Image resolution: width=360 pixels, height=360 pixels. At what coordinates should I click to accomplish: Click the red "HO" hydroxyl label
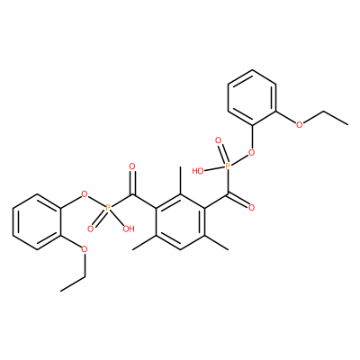point(198,171)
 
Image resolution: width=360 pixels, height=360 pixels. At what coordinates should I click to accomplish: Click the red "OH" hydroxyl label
point(129,229)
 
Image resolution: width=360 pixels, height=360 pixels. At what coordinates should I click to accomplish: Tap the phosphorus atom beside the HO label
point(228,166)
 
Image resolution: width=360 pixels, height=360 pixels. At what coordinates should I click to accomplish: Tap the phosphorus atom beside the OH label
point(108,207)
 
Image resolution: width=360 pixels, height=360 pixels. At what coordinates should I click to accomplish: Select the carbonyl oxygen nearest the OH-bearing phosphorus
point(132,166)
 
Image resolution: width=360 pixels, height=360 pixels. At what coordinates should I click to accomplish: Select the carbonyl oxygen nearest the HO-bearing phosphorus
point(251,207)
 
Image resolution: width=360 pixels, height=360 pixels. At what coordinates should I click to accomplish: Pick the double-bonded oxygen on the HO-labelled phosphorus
point(218,140)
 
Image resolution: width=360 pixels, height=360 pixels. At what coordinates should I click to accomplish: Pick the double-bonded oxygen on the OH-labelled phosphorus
point(90,229)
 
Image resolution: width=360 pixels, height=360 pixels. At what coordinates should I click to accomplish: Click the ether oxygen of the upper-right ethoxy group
point(299,124)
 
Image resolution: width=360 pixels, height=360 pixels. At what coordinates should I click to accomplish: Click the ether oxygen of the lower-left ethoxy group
point(85,249)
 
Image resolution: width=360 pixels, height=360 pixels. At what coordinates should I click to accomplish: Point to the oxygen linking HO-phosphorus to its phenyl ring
point(251,152)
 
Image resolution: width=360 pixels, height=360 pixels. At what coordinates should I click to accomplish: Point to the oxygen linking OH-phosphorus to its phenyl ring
point(85,194)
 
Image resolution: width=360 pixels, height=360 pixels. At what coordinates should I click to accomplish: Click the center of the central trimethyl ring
point(180,221)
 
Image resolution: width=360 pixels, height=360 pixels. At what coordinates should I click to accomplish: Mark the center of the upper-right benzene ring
point(252,97)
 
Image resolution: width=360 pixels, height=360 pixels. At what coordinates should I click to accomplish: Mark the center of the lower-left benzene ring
point(37,221)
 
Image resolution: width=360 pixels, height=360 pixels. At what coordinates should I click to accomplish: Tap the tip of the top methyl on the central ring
point(180,167)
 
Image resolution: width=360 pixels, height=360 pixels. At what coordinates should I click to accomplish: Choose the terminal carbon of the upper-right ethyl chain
point(347,124)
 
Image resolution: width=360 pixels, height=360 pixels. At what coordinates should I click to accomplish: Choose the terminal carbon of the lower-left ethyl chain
point(61,291)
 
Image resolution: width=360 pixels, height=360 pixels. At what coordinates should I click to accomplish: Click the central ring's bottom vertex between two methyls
point(180,249)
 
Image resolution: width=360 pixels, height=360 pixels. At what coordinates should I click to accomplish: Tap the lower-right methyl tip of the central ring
point(229,249)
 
